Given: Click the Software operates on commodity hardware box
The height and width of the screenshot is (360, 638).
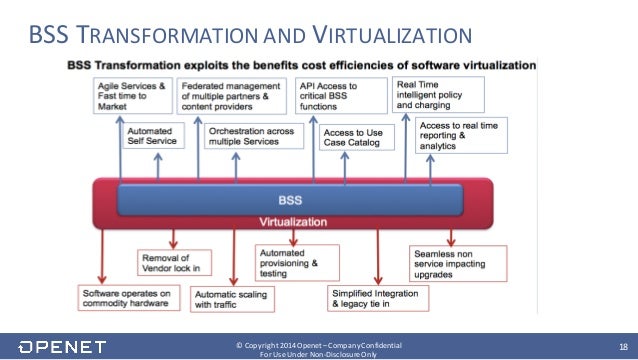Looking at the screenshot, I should click(124, 298).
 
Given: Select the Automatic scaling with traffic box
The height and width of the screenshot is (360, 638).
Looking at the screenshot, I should click(232, 298).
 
